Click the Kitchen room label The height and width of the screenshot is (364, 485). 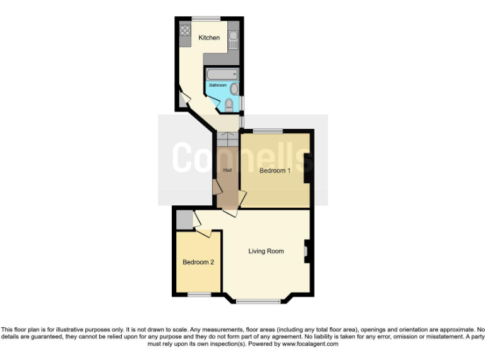(209, 38)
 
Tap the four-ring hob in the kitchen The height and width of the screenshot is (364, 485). (185, 30)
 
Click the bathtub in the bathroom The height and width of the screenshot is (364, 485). (221, 74)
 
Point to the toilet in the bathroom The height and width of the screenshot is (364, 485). (229, 103)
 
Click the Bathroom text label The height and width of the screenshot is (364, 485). (218, 85)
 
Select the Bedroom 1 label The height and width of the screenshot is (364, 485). (275, 170)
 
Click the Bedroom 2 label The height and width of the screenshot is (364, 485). (198, 262)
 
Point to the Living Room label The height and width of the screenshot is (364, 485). (266, 251)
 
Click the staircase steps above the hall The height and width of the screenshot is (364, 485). (226, 139)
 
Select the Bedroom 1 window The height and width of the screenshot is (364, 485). (268, 131)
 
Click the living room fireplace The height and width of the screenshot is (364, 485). (307, 251)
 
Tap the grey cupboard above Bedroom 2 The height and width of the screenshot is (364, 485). (184, 220)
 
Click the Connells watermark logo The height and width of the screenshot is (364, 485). (243, 157)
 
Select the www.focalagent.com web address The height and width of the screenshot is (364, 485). (309, 344)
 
